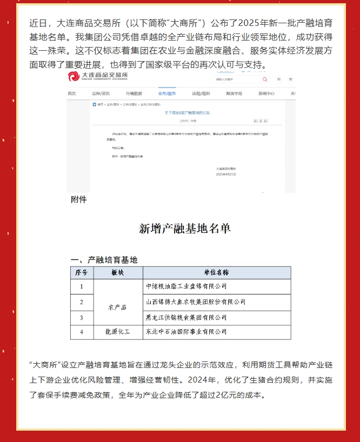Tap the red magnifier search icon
(265, 79)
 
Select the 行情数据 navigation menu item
(134, 93)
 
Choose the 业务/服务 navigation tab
(167, 93)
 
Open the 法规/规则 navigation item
(201, 93)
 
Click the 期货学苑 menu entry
(234, 93)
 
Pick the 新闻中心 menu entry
(266, 93)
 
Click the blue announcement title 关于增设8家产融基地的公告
(186, 112)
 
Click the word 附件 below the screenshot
(79, 199)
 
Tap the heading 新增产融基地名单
(185, 229)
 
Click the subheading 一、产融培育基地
(104, 260)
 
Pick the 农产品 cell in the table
(117, 307)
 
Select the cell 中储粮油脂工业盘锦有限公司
(187, 286)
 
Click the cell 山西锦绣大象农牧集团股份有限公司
(196, 302)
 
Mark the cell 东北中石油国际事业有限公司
(187, 332)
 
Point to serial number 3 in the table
(82, 317)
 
